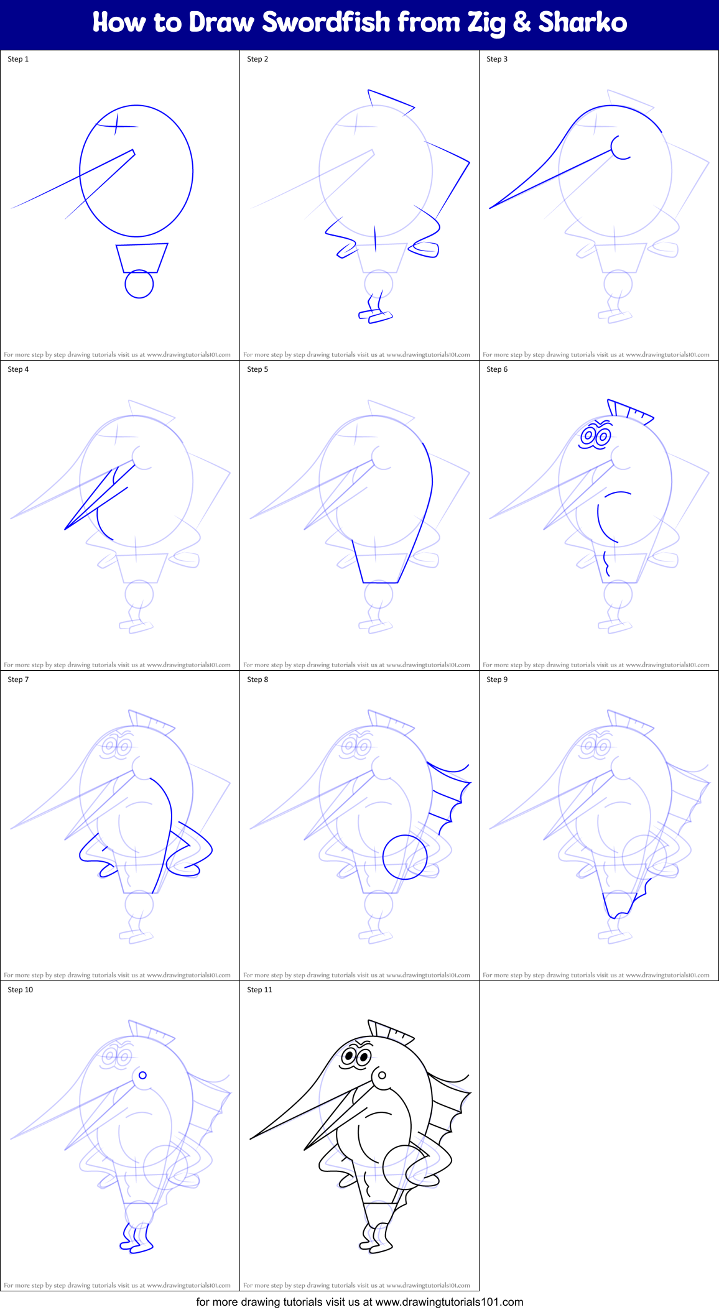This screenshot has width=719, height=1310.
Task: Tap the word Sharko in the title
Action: point(583,23)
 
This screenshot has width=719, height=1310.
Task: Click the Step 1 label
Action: point(18,59)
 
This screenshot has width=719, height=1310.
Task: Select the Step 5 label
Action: point(257,369)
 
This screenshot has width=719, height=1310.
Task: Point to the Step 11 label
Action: point(259,990)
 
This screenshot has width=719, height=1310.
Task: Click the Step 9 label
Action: point(497,680)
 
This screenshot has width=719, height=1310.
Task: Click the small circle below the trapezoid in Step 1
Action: point(139,285)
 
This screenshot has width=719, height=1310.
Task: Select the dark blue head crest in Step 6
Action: point(629,412)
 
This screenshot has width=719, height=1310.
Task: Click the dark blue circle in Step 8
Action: point(405,857)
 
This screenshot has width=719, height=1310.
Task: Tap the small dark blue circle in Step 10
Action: point(142,1075)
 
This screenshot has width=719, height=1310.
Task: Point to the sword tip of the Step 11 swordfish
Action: point(253,1138)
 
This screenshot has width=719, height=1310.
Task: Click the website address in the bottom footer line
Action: point(449,1301)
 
